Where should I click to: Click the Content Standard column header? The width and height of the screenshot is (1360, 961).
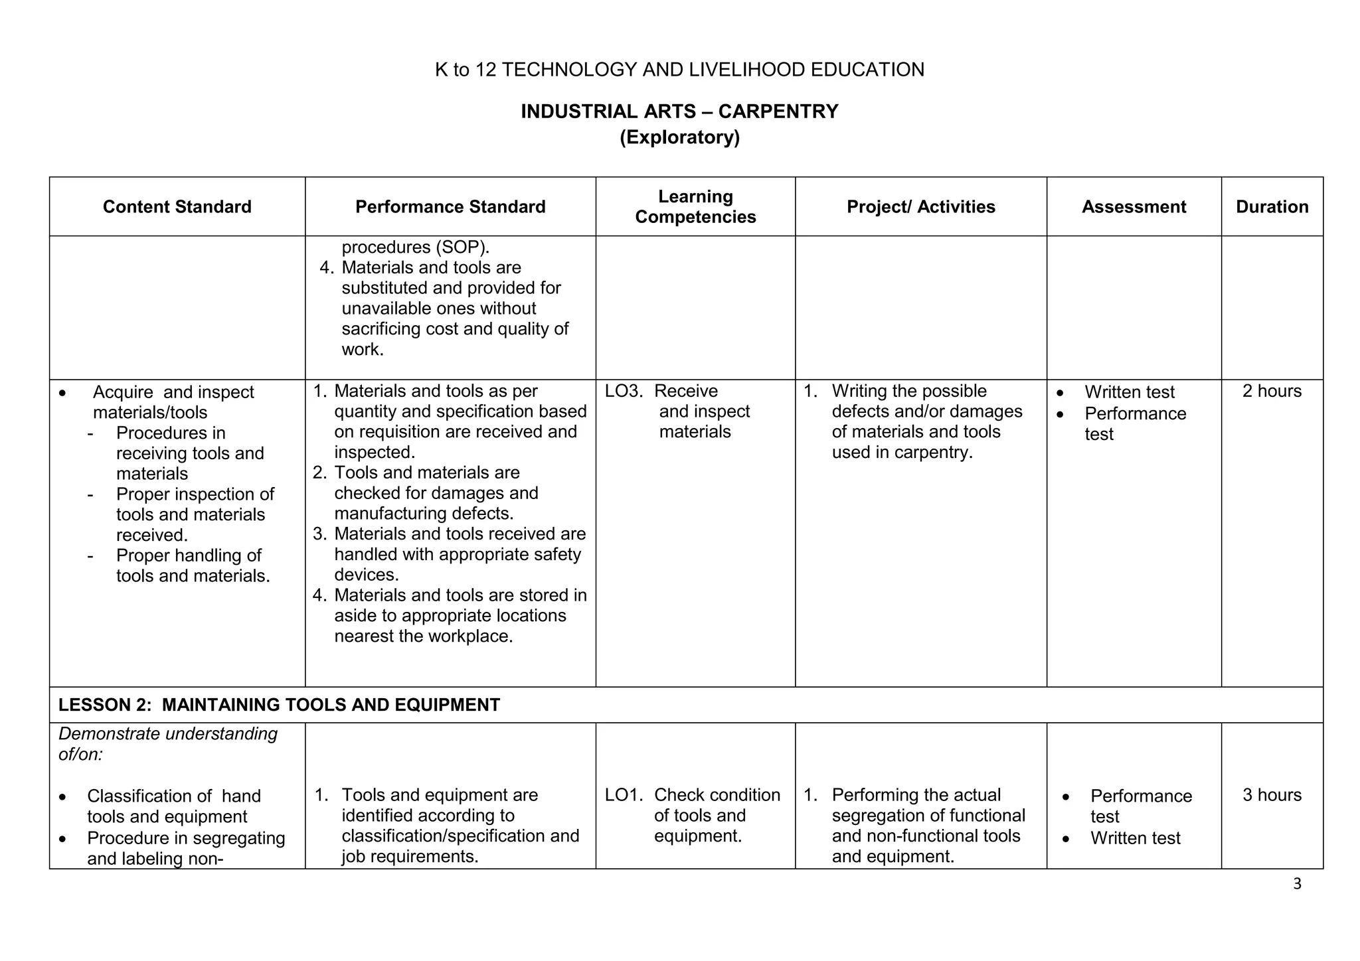(177, 207)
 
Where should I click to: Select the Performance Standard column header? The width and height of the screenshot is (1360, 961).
(450, 207)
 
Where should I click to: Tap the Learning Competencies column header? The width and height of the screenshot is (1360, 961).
(695, 206)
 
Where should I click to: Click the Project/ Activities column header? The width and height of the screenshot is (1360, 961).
(920, 207)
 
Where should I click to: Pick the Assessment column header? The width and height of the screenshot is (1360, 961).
(1134, 207)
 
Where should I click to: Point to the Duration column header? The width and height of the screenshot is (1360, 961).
(1272, 207)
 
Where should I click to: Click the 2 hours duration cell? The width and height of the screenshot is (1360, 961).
(1272, 391)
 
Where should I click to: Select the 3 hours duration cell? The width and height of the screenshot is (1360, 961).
(1272, 795)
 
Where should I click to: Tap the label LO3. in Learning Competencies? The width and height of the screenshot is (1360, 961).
(623, 391)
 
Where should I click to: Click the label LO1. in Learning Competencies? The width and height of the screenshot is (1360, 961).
(623, 795)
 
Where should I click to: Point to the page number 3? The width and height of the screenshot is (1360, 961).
(1297, 884)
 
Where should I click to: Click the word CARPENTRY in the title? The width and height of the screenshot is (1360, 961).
(778, 111)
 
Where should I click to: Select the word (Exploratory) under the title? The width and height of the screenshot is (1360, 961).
(679, 137)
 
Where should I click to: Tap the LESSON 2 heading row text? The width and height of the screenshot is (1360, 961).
(279, 705)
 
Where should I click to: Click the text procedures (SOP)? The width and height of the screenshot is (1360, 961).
(415, 248)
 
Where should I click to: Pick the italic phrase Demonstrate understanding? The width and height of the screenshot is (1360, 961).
(168, 734)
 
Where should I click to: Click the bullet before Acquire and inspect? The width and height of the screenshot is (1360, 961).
(62, 393)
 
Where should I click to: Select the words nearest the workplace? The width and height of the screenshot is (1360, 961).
(423, 636)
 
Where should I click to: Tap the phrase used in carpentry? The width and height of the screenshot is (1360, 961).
(902, 453)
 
